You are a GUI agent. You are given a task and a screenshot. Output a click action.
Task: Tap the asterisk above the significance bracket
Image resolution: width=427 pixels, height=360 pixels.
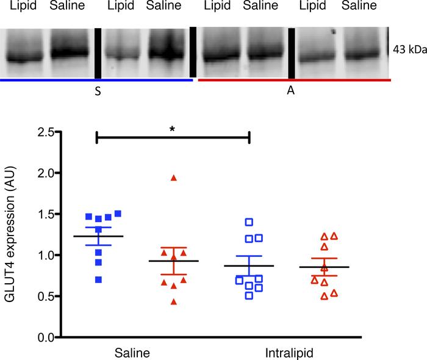tap(173, 130)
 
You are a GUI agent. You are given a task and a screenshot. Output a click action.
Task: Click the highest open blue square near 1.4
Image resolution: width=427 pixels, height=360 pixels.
tap(248, 222)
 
